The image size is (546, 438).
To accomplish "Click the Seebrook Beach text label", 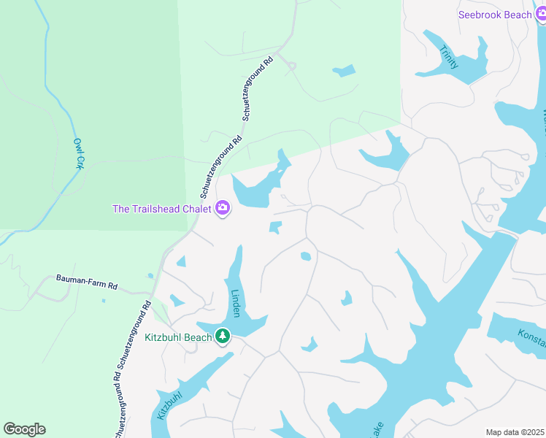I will pyautogui.click(x=494, y=15).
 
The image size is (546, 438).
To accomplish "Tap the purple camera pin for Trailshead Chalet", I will pyautogui.click(x=223, y=209).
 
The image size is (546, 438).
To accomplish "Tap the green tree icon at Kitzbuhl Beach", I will pyautogui.click(x=223, y=337).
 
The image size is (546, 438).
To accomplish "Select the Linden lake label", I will pyautogui.click(x=235, y=302).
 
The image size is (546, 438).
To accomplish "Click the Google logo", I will pyautogui.click(x=24, y=429).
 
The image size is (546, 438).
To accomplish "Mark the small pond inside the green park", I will pyautogui.click(x=345, y=71).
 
